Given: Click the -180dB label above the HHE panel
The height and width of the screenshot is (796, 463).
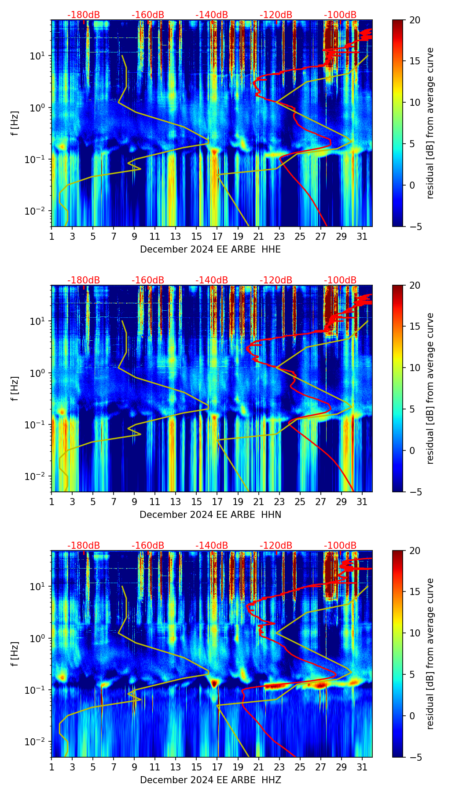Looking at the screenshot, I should [x=84, y=15].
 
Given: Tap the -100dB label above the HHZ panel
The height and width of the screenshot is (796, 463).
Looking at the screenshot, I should [x=340, y=546].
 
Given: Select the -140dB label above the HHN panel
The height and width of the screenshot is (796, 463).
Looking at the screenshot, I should [x=212, y=280].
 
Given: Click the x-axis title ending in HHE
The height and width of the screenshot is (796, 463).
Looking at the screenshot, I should [x=210, y=249].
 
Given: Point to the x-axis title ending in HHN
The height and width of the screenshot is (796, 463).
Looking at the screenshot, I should [x=210, y=515].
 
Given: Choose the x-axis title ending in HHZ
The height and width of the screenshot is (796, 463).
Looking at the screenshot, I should [x=210, y=780].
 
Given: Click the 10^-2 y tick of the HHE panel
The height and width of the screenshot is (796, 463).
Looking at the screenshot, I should [x=36, y=212].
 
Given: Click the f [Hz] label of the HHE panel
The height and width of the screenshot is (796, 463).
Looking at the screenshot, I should [x=15, y=123].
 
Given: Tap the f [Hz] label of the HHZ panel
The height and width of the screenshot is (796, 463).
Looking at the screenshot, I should [x=15, y=654].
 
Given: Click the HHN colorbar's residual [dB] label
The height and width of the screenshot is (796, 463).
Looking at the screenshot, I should [x=430, y=388].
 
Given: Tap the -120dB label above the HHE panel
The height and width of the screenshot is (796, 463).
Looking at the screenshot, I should [x=276, y=15].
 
